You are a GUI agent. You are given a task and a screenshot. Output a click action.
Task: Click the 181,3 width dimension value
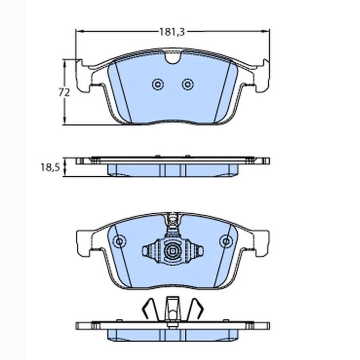click(172, 32)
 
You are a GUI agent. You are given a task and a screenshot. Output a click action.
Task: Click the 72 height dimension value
click(64, 92)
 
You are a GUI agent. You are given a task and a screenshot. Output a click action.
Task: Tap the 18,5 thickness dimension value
click(51, 167)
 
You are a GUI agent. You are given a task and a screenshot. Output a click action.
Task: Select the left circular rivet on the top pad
click(157, 84)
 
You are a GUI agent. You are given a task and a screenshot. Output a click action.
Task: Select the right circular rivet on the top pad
click(187, 84)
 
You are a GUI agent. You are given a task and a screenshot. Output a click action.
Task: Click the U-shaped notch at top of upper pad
click(173, 57)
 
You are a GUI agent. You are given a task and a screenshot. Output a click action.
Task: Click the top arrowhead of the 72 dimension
click(65, 63)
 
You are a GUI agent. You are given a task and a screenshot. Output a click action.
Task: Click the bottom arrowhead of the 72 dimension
click(65, 122)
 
